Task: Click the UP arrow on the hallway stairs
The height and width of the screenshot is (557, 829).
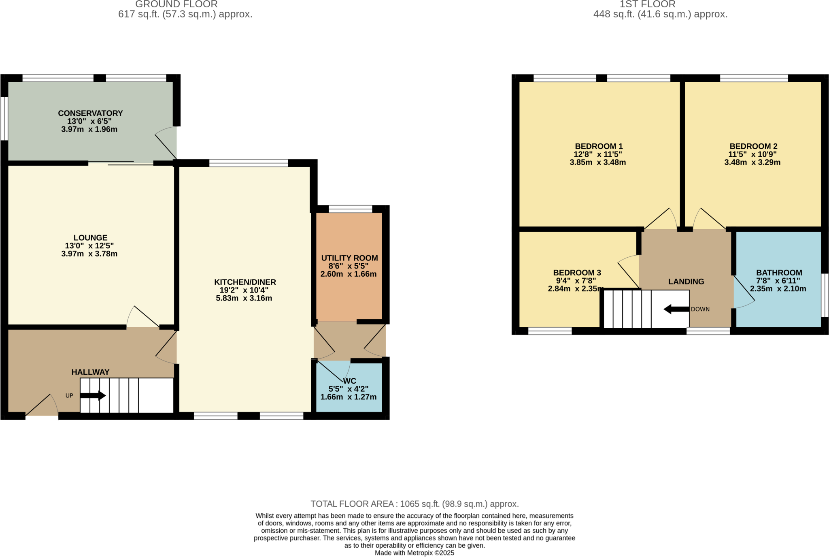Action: coord(93,395)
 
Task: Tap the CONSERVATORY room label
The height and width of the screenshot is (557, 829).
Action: coord(90,113)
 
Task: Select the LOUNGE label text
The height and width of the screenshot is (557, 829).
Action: coord(90,238)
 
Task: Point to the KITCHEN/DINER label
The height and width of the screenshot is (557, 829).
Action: coord(245,282)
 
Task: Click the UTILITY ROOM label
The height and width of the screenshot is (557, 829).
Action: coord(349,258)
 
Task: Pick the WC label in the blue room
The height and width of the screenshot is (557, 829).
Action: coord(350,381)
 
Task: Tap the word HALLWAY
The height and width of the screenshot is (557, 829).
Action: coord(90,372)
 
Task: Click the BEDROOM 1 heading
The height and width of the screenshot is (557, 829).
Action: coord(599,146)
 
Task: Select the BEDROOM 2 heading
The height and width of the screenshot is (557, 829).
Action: coord(753,146)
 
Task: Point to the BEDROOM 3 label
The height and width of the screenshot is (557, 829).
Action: coord(577,273)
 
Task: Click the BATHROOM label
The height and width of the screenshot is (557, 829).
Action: coord(779,273)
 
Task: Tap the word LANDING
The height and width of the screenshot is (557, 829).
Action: coord(686,282)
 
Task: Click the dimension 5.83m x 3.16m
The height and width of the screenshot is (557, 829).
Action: coord(244,298)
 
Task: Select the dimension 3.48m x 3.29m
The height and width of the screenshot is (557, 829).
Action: coord(752,162)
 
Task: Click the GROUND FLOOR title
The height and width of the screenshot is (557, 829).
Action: coord(176,4)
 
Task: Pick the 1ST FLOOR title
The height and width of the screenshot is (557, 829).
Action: coord(647,4)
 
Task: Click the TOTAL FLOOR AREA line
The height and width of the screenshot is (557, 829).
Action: coord(414,504)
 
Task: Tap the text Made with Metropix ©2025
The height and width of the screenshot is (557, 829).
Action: coord(414,553)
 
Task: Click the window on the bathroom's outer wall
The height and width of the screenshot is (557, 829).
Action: coord(825,295)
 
